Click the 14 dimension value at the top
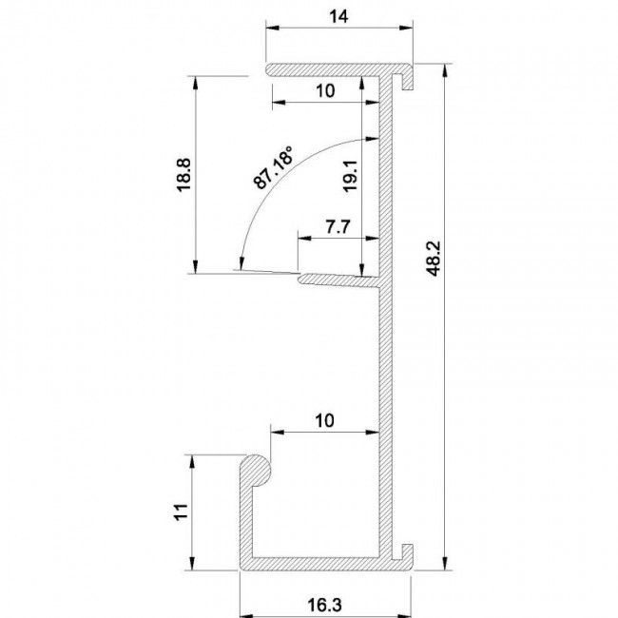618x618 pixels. pyautogui.click(x=339, y=16)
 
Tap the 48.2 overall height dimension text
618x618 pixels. pyautogui.click(x=434, y=259)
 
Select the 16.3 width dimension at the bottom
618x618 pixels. pyautogui.click(x=324, y=605)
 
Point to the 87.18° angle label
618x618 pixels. pyautogui.click(x=273, y=167)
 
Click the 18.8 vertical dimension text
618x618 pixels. pyautogui.click(x=183, y=175)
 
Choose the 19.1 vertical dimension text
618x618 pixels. pyautogui.click(x=350, y=176)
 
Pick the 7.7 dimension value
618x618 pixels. pyautogui.click(x=338, y=227)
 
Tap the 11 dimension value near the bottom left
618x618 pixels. pyautogui.click(x=182, y=512)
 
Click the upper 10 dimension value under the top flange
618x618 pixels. pyautogui.click(x=325, y=91)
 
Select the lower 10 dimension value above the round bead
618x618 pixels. pyautogui.click(x=325, y=421)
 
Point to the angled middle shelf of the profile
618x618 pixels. pyautogui.click(x=339, y=280)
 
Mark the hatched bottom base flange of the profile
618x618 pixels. pyautogui.click(x=326, y=564)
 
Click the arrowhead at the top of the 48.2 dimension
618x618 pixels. pyautogui.click(x=445, y=70)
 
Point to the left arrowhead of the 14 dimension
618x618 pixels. pyautogui.click(x=273, y=28)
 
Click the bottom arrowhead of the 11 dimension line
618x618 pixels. pyautogui.click(x=192, y=563)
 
